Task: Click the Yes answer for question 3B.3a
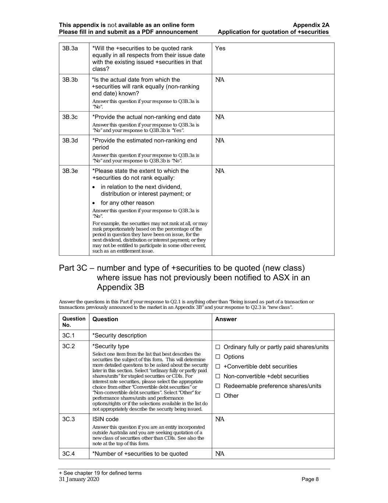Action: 220,48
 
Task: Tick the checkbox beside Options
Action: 218,357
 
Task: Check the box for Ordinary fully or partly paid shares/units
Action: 218,347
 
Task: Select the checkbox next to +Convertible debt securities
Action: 218,367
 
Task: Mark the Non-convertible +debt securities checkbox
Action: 218,376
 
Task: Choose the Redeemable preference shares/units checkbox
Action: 218,386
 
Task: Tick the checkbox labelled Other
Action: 218,396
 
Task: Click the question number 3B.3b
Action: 70,80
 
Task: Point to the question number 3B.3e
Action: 70,171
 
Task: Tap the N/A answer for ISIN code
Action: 220,419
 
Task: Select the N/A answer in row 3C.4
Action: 220,454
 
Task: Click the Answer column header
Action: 226,319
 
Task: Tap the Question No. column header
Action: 74,322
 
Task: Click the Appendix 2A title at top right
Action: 311,25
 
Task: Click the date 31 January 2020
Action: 79,479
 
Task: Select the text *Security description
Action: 120,335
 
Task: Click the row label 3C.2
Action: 68,346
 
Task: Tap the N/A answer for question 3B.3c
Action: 220,117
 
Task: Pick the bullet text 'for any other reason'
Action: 127,203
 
